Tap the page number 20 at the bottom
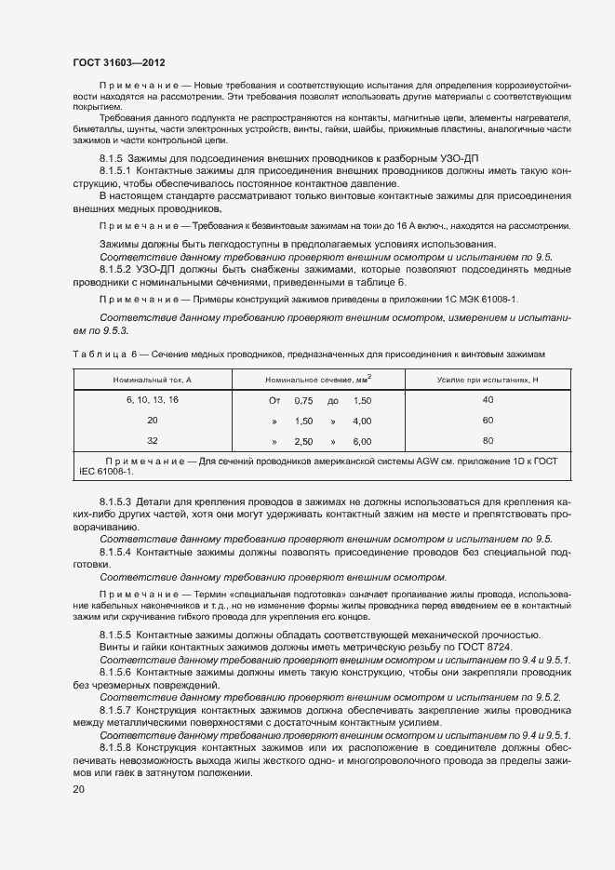[79, 789]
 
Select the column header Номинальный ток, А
[153, 381]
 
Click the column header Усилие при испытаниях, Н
[488, 381]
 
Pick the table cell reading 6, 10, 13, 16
[153, 399]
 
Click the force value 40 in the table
[488, 399]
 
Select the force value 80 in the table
[488, 441]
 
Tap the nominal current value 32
[153, 441]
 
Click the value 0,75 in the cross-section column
[303, 400]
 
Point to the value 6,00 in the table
[362, 442]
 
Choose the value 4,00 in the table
[362, 421]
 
